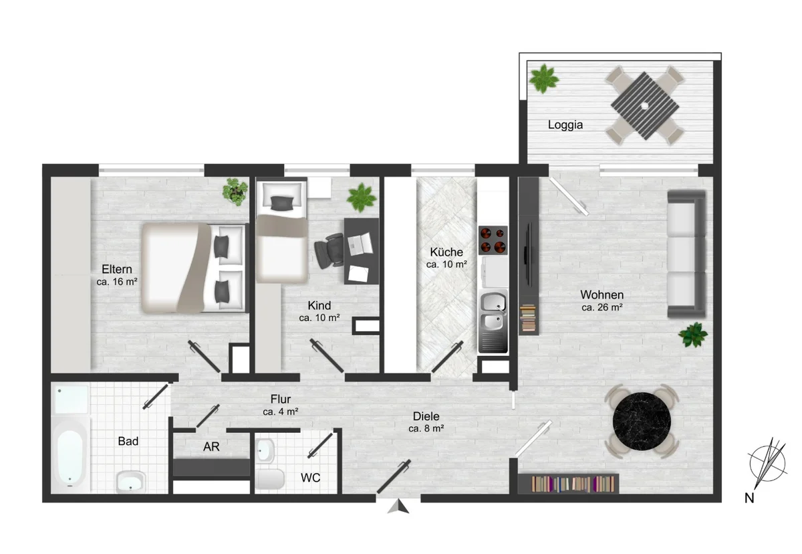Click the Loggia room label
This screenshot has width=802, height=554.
tap(565, 124)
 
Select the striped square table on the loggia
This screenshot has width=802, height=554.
tap(644, 106)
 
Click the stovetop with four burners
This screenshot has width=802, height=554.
tap(493, 240)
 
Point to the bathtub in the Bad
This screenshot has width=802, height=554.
tap(70, 455)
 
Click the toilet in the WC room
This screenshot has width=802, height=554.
tap(270, 479)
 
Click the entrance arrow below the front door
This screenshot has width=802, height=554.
tap(398, 506)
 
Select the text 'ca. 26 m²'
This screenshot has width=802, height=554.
tap(602, 308)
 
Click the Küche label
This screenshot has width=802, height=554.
tap(446, 252)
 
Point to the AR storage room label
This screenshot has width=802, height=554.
tap(211, 446)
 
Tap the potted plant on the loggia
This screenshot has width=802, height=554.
tap(544, 79)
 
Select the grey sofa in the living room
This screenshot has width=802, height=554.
tap(686, 254)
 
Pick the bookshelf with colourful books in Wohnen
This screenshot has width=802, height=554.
tap(568, 484)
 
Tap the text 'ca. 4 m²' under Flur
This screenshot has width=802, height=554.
tap(280, 411)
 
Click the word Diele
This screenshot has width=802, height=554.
tap(426, 416)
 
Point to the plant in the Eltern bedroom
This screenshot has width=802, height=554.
tap(235, 192)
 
